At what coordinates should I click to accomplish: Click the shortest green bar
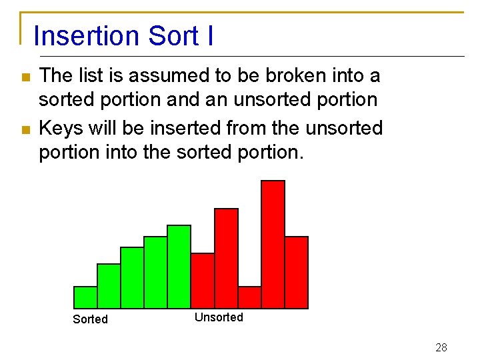coord(85,297)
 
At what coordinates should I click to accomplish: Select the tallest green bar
coord(179,267)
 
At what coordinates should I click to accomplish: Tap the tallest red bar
coord(273,244)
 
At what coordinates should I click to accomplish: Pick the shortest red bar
coord(249,297)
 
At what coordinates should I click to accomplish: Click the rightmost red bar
coord(296,272)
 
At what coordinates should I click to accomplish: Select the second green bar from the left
coord(109,286)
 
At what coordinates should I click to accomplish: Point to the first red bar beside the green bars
coord(203,281)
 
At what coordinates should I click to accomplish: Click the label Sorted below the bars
coord(90,319)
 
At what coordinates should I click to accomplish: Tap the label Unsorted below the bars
coord(219,317)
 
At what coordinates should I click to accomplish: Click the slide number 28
coord(441,347)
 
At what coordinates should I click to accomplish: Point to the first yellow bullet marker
coord(26,77)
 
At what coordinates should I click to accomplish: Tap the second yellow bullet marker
coord(26,129)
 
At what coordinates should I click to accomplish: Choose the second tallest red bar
coord(226,259)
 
